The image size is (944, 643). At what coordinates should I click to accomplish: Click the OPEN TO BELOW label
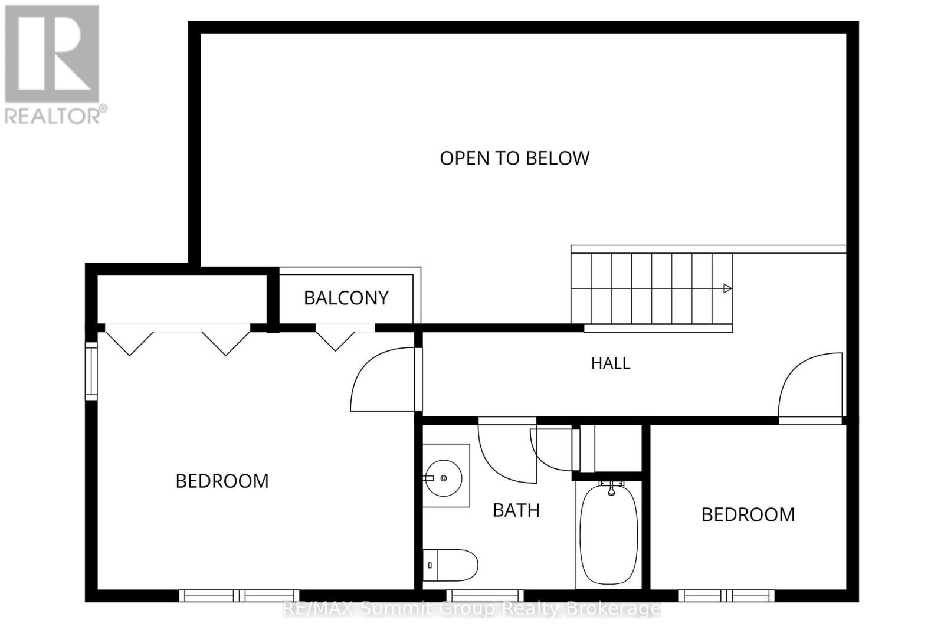(514, 159)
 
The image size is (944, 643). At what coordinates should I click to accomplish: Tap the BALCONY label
(346, 298)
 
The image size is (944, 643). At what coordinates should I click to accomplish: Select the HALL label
(611, 363)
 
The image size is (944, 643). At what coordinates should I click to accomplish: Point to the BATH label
(516, 511)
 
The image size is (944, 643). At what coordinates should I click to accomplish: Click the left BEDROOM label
(222, 481)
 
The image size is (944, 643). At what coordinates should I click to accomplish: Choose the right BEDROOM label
(748, 515)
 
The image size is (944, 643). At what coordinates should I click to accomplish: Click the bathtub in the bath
(609, 534)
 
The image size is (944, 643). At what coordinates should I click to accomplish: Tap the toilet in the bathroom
(450, 566)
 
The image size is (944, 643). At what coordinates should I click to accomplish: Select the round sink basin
(443, 478)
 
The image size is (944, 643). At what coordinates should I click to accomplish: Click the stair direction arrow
(727, 288)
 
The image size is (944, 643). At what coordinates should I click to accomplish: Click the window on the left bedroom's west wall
(91, 371)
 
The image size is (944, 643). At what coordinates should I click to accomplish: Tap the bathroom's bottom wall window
(485, 596)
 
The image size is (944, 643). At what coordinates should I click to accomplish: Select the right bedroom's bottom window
(726, 596)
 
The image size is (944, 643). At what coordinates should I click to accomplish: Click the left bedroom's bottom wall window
(240, 596)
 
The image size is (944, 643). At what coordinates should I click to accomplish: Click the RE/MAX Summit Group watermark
(472, 609)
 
